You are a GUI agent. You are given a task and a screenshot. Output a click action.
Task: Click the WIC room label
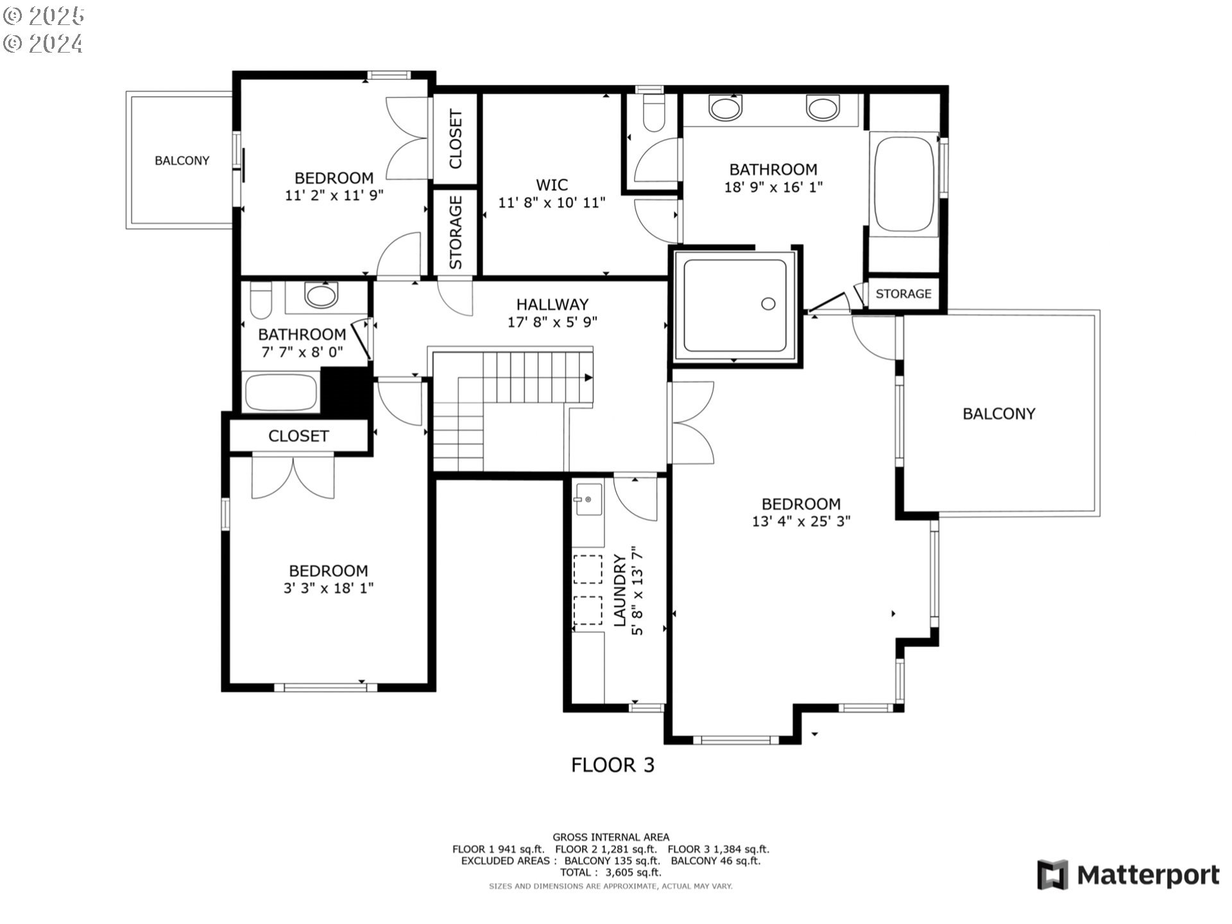point(552,185)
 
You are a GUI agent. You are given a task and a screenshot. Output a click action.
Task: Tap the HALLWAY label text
point(552,304)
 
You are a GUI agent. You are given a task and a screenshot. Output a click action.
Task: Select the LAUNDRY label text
point(620,590)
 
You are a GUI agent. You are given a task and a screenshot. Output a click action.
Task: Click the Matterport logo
point(1128,875)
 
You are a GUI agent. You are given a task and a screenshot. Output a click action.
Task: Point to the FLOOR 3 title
point(612,765)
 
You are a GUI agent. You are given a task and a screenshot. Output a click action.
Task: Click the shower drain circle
point(768,304)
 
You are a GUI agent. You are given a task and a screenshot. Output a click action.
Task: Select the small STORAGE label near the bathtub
point(903,294)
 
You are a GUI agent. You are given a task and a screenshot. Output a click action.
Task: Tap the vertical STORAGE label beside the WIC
point(456,232)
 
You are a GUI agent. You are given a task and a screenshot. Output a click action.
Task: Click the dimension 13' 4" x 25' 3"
point(801,522)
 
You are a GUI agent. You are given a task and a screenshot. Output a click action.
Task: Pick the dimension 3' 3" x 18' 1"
point(329,588)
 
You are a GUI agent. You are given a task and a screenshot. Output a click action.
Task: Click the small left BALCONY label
point(182,160)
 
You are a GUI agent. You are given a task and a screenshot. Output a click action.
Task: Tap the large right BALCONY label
point(998,414)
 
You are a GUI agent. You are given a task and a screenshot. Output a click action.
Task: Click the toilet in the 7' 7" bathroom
point(261,301)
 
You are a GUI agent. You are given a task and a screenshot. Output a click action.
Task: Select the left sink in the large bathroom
point(726,107)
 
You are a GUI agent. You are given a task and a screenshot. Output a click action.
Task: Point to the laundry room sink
point(588,499)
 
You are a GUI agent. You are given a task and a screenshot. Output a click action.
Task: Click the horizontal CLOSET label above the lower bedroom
point(298,436)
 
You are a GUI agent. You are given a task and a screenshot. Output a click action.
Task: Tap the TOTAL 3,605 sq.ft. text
point(610,873)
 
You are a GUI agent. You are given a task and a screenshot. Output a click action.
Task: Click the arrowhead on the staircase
point(588,378)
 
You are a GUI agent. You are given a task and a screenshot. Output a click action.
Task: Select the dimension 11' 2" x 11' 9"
point(334,195)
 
